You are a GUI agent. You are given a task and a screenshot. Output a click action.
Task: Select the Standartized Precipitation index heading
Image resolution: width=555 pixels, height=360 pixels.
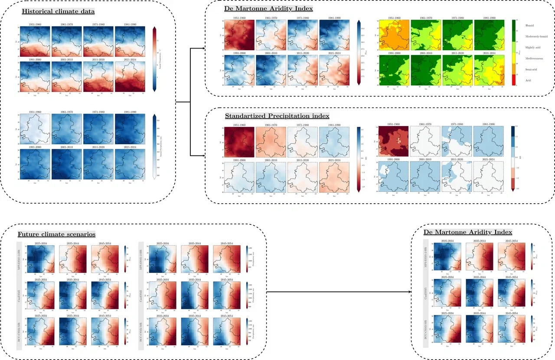[277, 116]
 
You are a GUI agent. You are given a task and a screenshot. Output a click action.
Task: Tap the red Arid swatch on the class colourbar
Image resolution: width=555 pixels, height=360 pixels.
[514, 80]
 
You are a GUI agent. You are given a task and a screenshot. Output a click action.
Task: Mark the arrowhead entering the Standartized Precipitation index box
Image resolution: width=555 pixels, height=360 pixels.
[203, 155]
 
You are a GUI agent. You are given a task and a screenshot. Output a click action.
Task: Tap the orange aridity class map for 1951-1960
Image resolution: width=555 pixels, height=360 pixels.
[394, 35]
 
